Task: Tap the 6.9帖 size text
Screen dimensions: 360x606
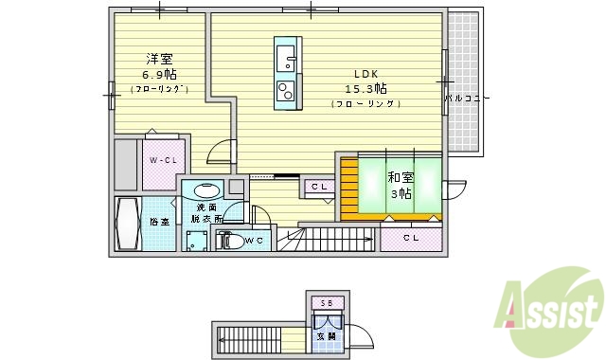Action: click(x=157, y=73)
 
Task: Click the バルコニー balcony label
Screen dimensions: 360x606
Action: click(x=467, y=97)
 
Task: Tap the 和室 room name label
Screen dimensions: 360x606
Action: click(x=399, y=176)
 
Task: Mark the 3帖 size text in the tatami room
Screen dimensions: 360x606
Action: click(x=400, y=193)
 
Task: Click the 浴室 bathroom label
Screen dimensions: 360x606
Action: click(x=158, y=222)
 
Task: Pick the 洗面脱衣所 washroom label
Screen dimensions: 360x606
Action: click(x=203, y=212)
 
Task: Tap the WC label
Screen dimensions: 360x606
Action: click(x=254, y=241)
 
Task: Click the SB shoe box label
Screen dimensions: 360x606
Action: click(x=326, y=303)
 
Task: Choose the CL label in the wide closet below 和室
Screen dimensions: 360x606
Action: click(x=410, y=238)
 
